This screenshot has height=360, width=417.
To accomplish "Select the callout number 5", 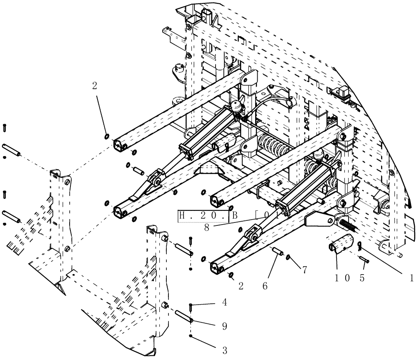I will tap(362, 278).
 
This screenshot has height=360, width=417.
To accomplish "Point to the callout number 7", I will tap(305, 270).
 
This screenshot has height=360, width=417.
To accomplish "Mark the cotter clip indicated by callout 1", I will tap(359, 246).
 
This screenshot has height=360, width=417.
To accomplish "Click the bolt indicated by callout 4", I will tap(191, 308).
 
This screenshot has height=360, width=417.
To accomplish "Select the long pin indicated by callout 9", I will tap(183, 315).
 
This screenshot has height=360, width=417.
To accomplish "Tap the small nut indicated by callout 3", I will tap(191, 336).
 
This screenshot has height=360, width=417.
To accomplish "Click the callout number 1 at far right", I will tap(411, 278).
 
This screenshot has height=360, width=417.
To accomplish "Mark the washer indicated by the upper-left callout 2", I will tap(107, 136).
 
